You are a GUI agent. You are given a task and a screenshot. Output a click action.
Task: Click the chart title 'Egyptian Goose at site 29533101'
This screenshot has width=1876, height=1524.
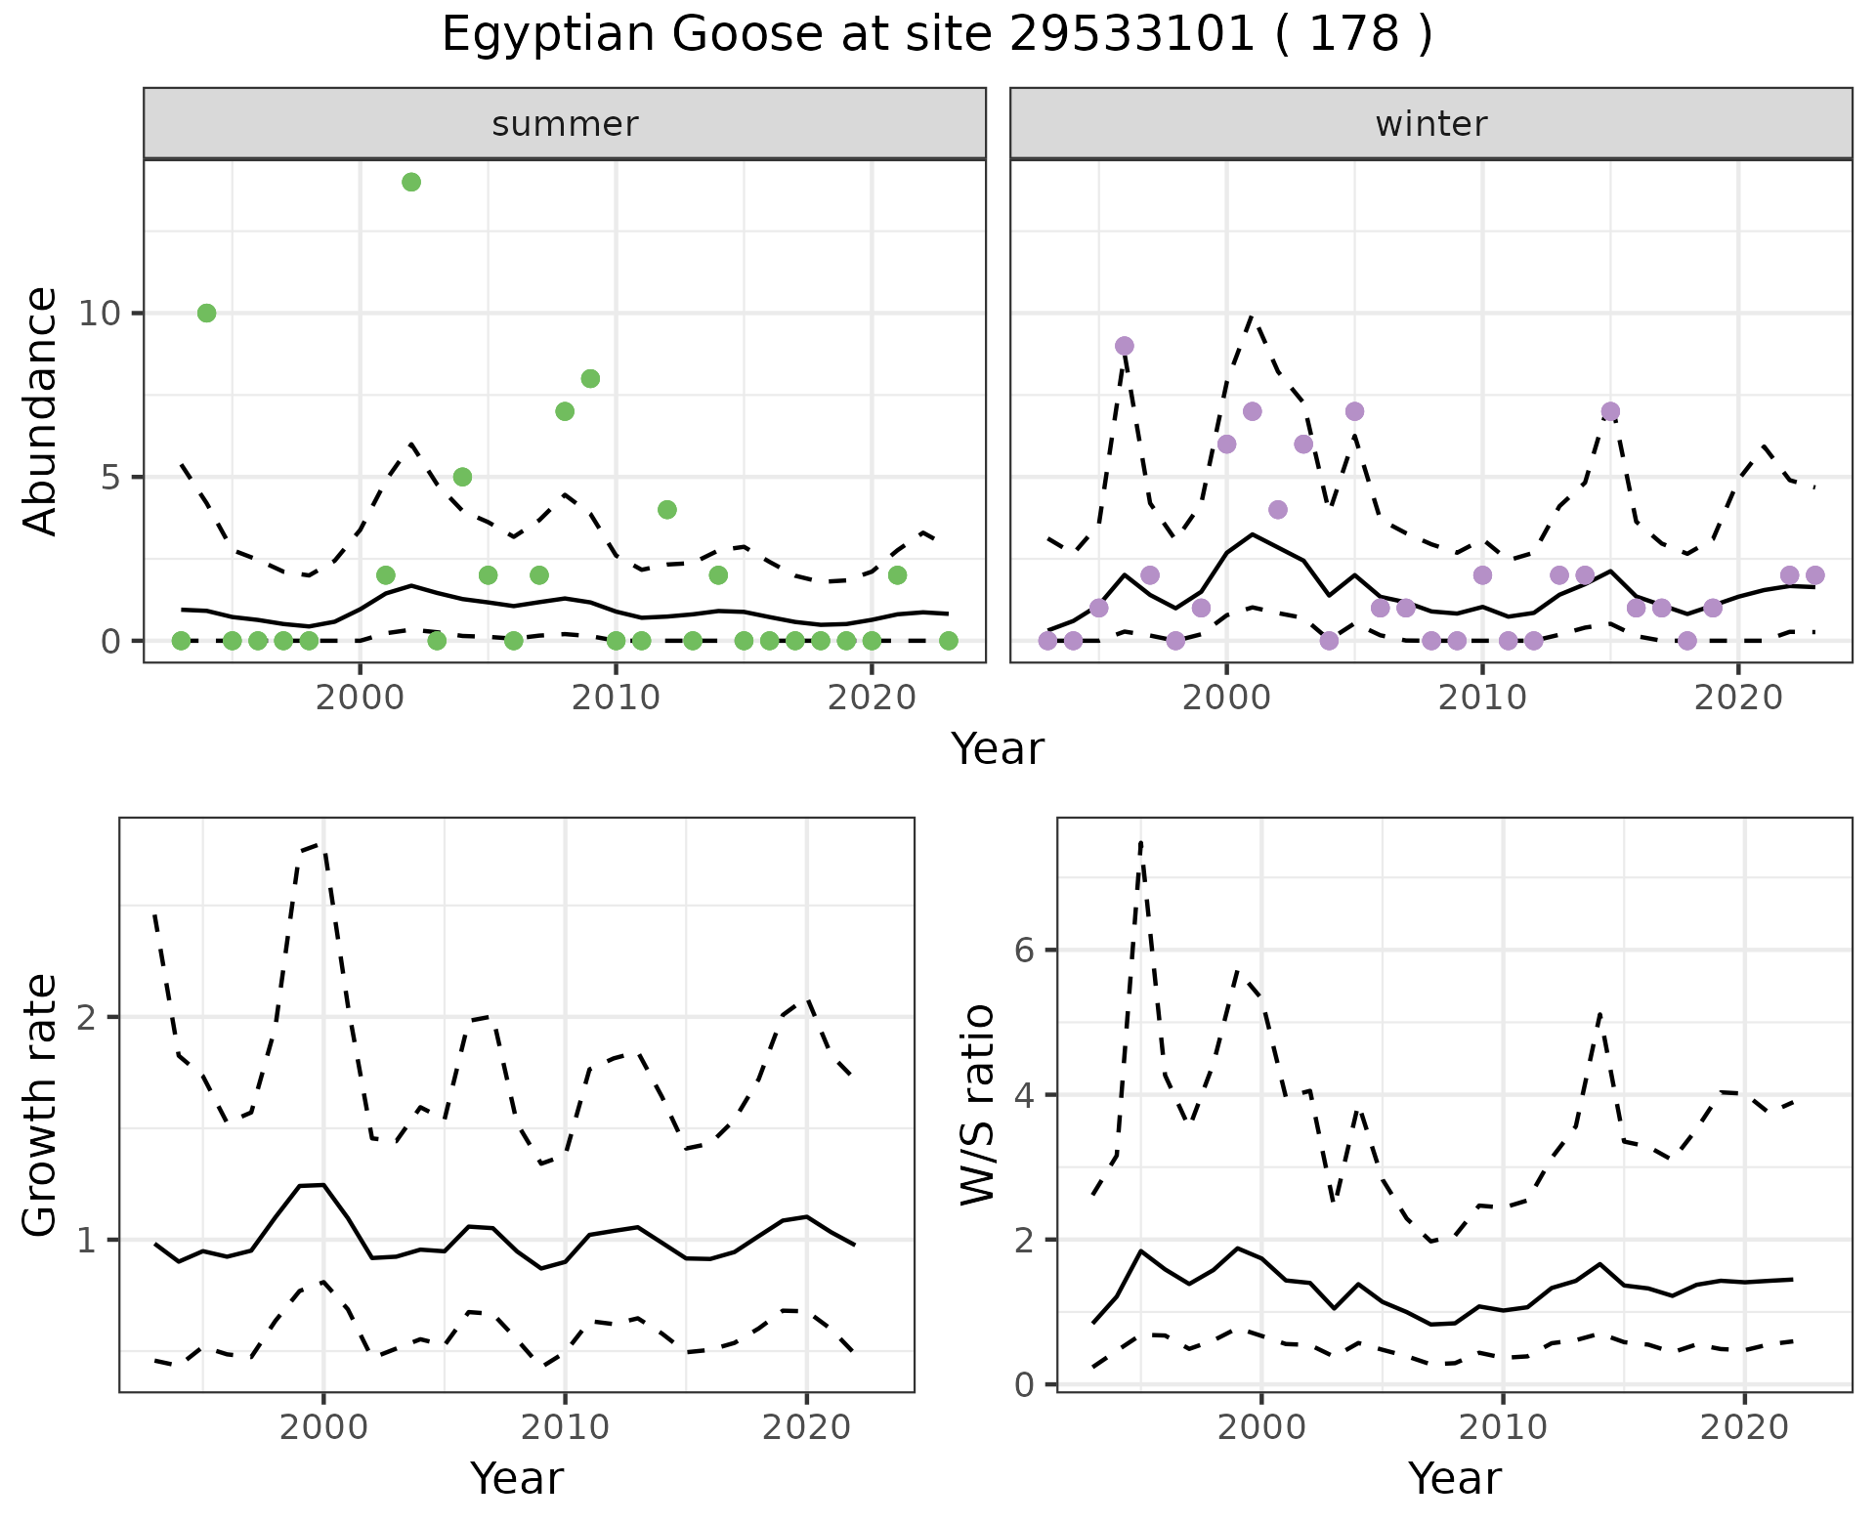936,35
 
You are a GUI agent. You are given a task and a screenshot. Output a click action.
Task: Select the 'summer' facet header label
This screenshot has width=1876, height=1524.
565,124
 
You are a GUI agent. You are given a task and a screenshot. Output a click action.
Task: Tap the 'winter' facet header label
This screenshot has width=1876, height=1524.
1430,124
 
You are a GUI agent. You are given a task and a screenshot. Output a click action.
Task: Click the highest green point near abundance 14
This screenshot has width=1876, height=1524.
411,182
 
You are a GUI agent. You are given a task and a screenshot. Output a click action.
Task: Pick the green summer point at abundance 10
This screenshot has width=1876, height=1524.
206,313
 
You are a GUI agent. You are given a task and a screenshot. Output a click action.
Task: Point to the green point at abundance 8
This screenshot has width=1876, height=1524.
590,378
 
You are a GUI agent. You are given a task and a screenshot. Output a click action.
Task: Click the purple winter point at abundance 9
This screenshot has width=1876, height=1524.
1124,346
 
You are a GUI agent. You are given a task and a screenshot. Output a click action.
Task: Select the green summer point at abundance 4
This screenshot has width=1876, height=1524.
667,509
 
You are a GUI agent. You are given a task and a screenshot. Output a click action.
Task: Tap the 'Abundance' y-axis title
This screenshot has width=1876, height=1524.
41,410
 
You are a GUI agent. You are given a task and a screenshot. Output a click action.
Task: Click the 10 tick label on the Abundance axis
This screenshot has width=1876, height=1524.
100,314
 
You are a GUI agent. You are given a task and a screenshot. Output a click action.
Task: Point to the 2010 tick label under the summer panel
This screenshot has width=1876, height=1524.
616,698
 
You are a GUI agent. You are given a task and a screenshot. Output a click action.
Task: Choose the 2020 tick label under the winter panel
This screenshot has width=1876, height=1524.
1738,698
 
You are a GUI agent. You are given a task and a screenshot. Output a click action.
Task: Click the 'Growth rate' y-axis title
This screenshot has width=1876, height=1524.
41,1105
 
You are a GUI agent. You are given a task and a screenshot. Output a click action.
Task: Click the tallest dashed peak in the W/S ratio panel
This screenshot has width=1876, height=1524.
1140,842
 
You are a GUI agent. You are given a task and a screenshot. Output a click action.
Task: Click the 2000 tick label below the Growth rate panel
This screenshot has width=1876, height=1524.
323,1427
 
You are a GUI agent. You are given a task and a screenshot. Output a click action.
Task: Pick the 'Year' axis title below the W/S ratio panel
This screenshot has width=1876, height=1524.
1454,1479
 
